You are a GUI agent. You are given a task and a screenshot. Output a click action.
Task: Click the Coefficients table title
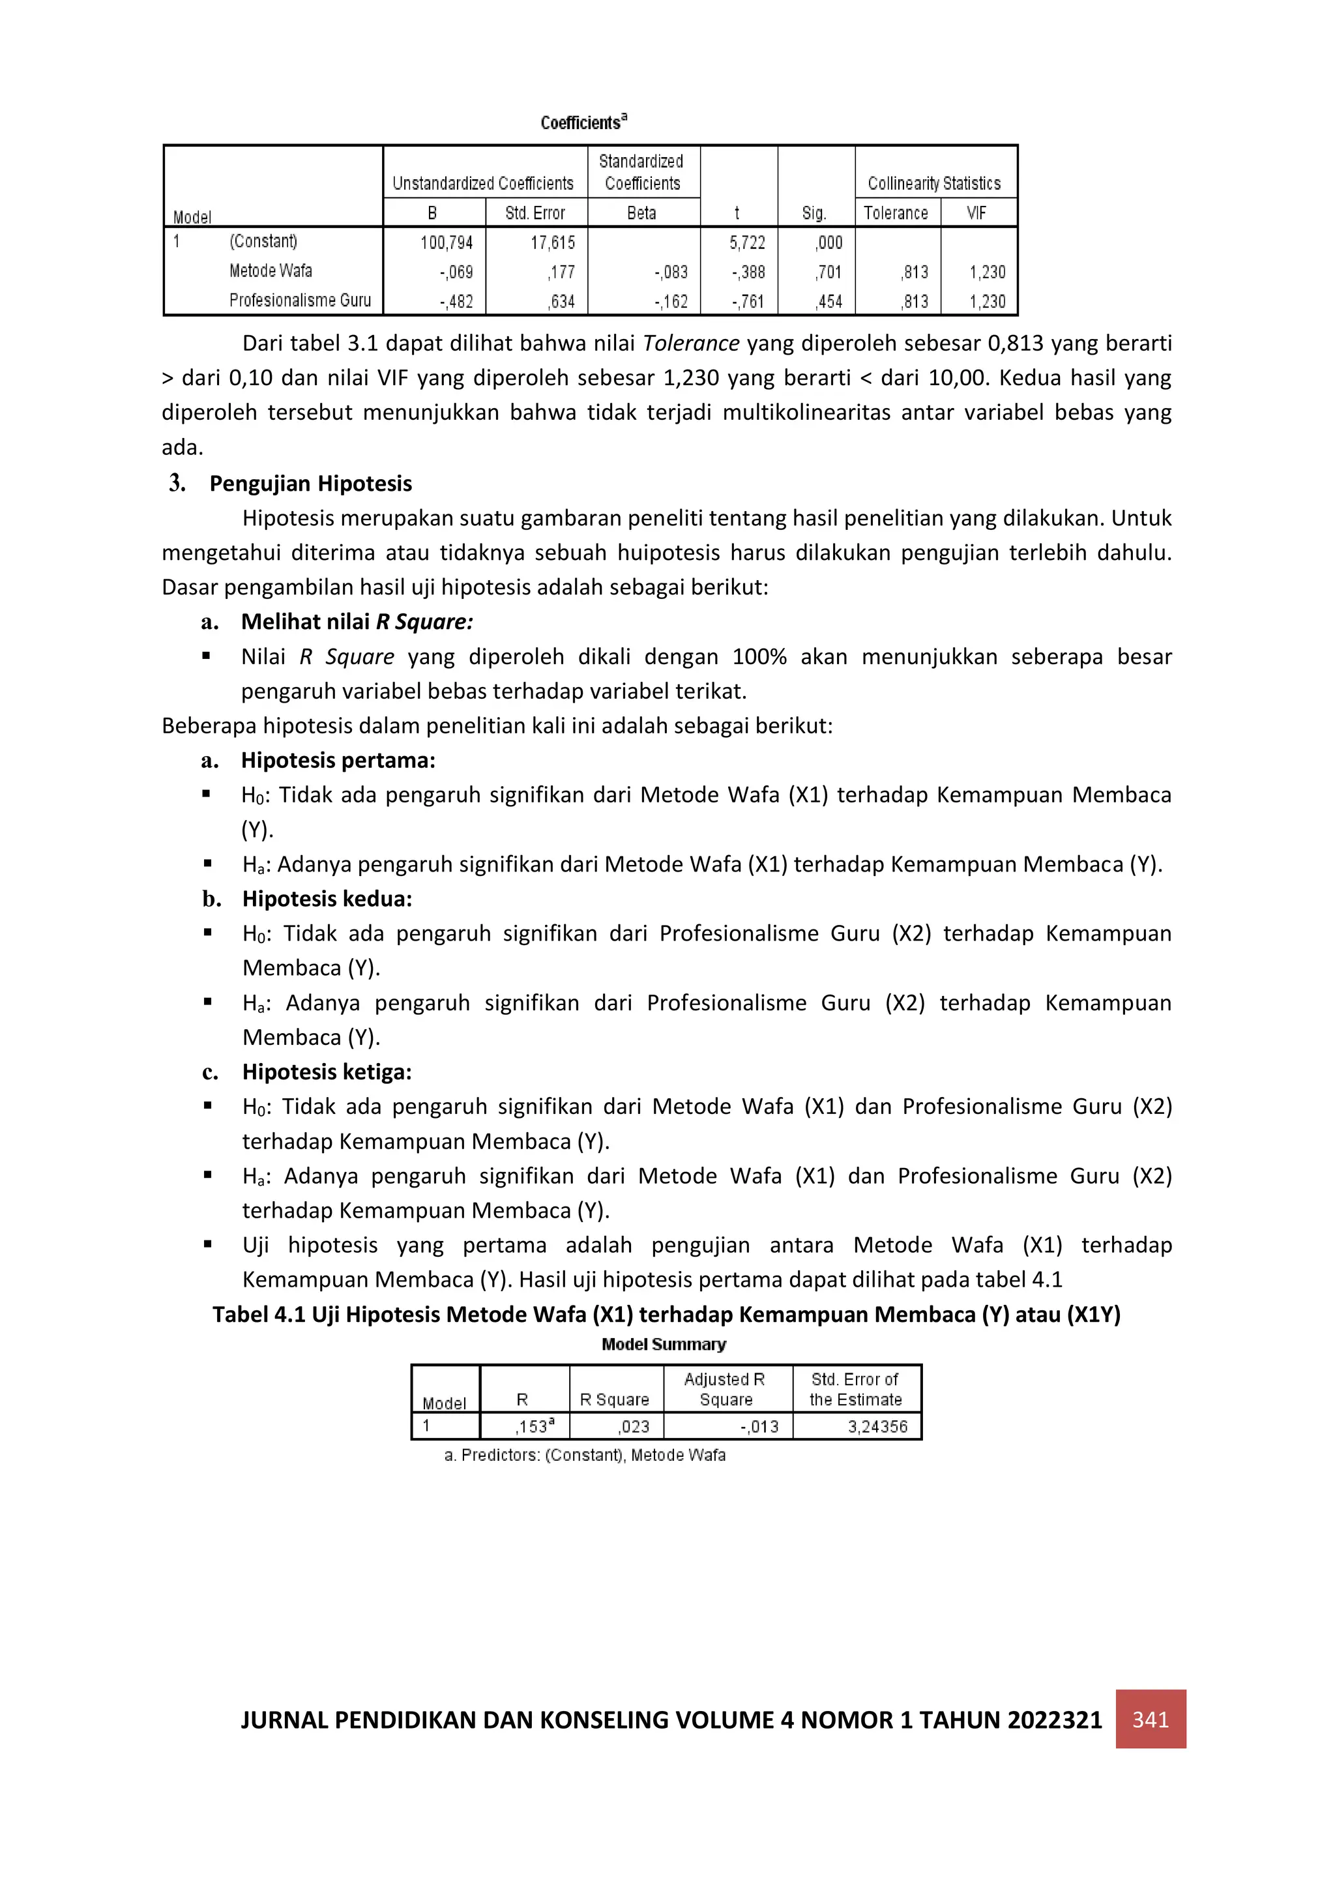[x=583, y=123]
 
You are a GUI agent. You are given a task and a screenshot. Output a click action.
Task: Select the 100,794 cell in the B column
[x=447, y=242]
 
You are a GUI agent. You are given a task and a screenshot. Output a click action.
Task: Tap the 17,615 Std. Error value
[x=551, y=242]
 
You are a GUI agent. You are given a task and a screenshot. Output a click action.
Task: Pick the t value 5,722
[x=746, y=242]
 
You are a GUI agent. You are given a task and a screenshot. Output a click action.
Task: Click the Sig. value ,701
[x=829, y=272]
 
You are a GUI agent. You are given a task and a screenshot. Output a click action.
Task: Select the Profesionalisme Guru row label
[x=300, y=300]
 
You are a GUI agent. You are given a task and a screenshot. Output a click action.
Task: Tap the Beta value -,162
[x=671, y=302]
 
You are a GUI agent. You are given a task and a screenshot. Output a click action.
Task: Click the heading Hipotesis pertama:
[x=338, y=760]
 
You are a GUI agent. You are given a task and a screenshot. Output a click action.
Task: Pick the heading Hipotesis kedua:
[x=327, y=898]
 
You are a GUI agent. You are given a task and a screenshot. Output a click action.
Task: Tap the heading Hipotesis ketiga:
[x=327, y=1072]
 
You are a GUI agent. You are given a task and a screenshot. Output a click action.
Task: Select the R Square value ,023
[x=633, y=1427]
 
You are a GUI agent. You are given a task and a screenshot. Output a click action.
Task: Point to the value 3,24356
[x=877, y=1427]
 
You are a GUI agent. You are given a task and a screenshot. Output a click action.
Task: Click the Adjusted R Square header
[x=725, y=1389]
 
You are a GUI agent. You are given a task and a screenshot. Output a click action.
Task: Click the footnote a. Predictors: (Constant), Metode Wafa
[x=585, y=1455]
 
